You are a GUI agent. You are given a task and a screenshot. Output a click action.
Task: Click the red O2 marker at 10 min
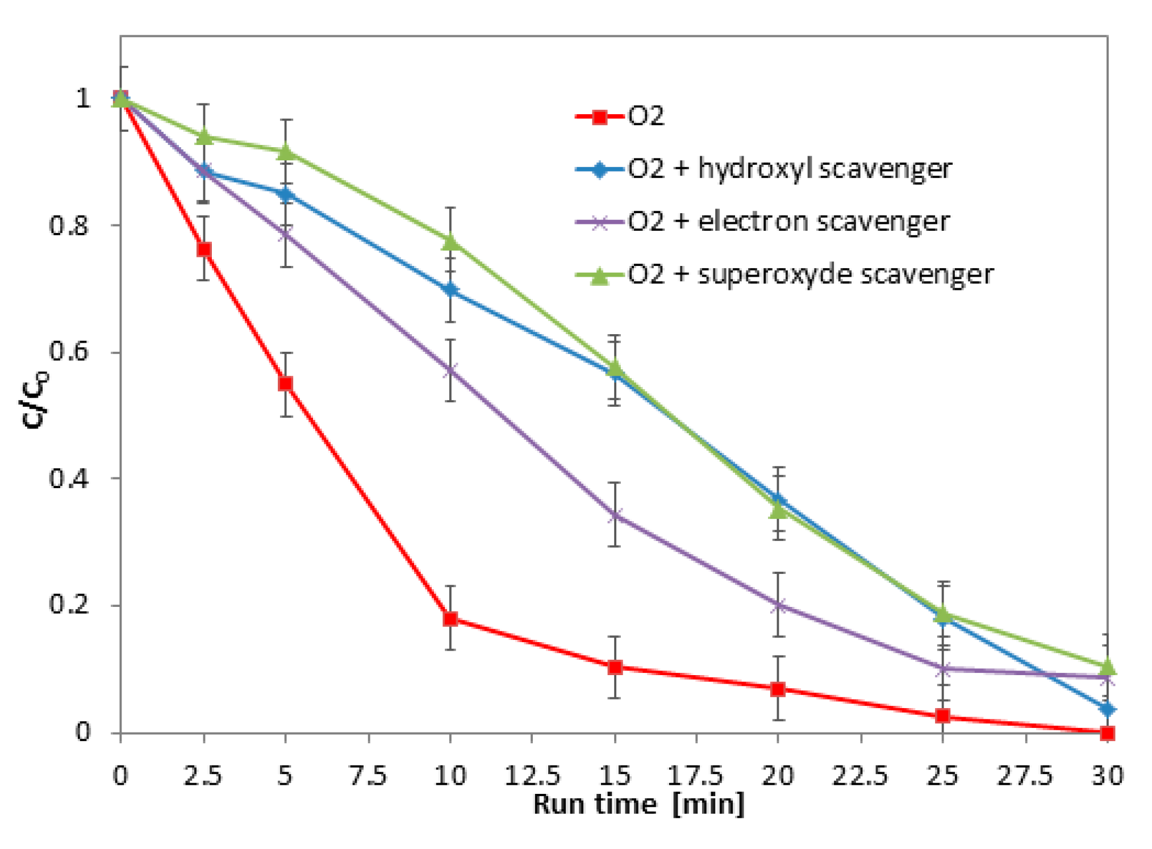click(x=450, y=618)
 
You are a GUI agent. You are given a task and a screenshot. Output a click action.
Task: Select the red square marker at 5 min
click(x=286, y=384)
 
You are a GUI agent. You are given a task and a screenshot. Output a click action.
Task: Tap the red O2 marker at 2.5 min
click(x=204, y=249)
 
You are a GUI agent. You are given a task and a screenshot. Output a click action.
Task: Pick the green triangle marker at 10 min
click(x=450, y=243)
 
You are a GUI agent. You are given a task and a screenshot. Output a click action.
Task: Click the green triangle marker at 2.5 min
click(x=204, y=137)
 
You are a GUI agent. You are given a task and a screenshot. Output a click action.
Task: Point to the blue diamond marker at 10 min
click(x=450, y=290)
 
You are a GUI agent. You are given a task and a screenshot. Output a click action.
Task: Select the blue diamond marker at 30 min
click(x=1107, y=709)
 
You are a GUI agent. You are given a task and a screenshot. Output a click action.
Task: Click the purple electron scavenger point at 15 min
click(x=615, y=515)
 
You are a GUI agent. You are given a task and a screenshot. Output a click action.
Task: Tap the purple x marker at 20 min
click(x=778, y=605)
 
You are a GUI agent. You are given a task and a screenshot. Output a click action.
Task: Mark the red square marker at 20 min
click(x=778, y=689)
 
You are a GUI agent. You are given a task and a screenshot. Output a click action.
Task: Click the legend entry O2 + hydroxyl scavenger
click(x=789, y=169)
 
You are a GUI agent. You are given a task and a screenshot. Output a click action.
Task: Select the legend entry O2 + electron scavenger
click(x=788, y=222)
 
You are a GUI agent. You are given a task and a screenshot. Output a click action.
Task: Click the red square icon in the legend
click(x=599, y=118)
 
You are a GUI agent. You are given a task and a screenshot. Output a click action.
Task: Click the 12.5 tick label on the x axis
click(x=532, y=776)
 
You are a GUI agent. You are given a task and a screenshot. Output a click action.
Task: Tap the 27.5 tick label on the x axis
click(x=1025, y=776)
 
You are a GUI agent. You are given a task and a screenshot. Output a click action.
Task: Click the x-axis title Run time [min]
click(x=638, y=805)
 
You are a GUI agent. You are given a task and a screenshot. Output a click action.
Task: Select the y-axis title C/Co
click(x=35, y=398)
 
